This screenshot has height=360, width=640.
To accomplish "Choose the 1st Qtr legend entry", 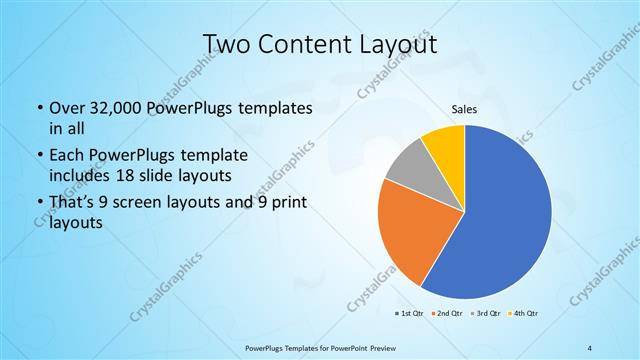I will (x=409, y=314).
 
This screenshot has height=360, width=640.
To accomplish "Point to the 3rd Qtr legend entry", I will (x=486, y=314).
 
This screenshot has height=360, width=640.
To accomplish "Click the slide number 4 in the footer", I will (x=590, y=348).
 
